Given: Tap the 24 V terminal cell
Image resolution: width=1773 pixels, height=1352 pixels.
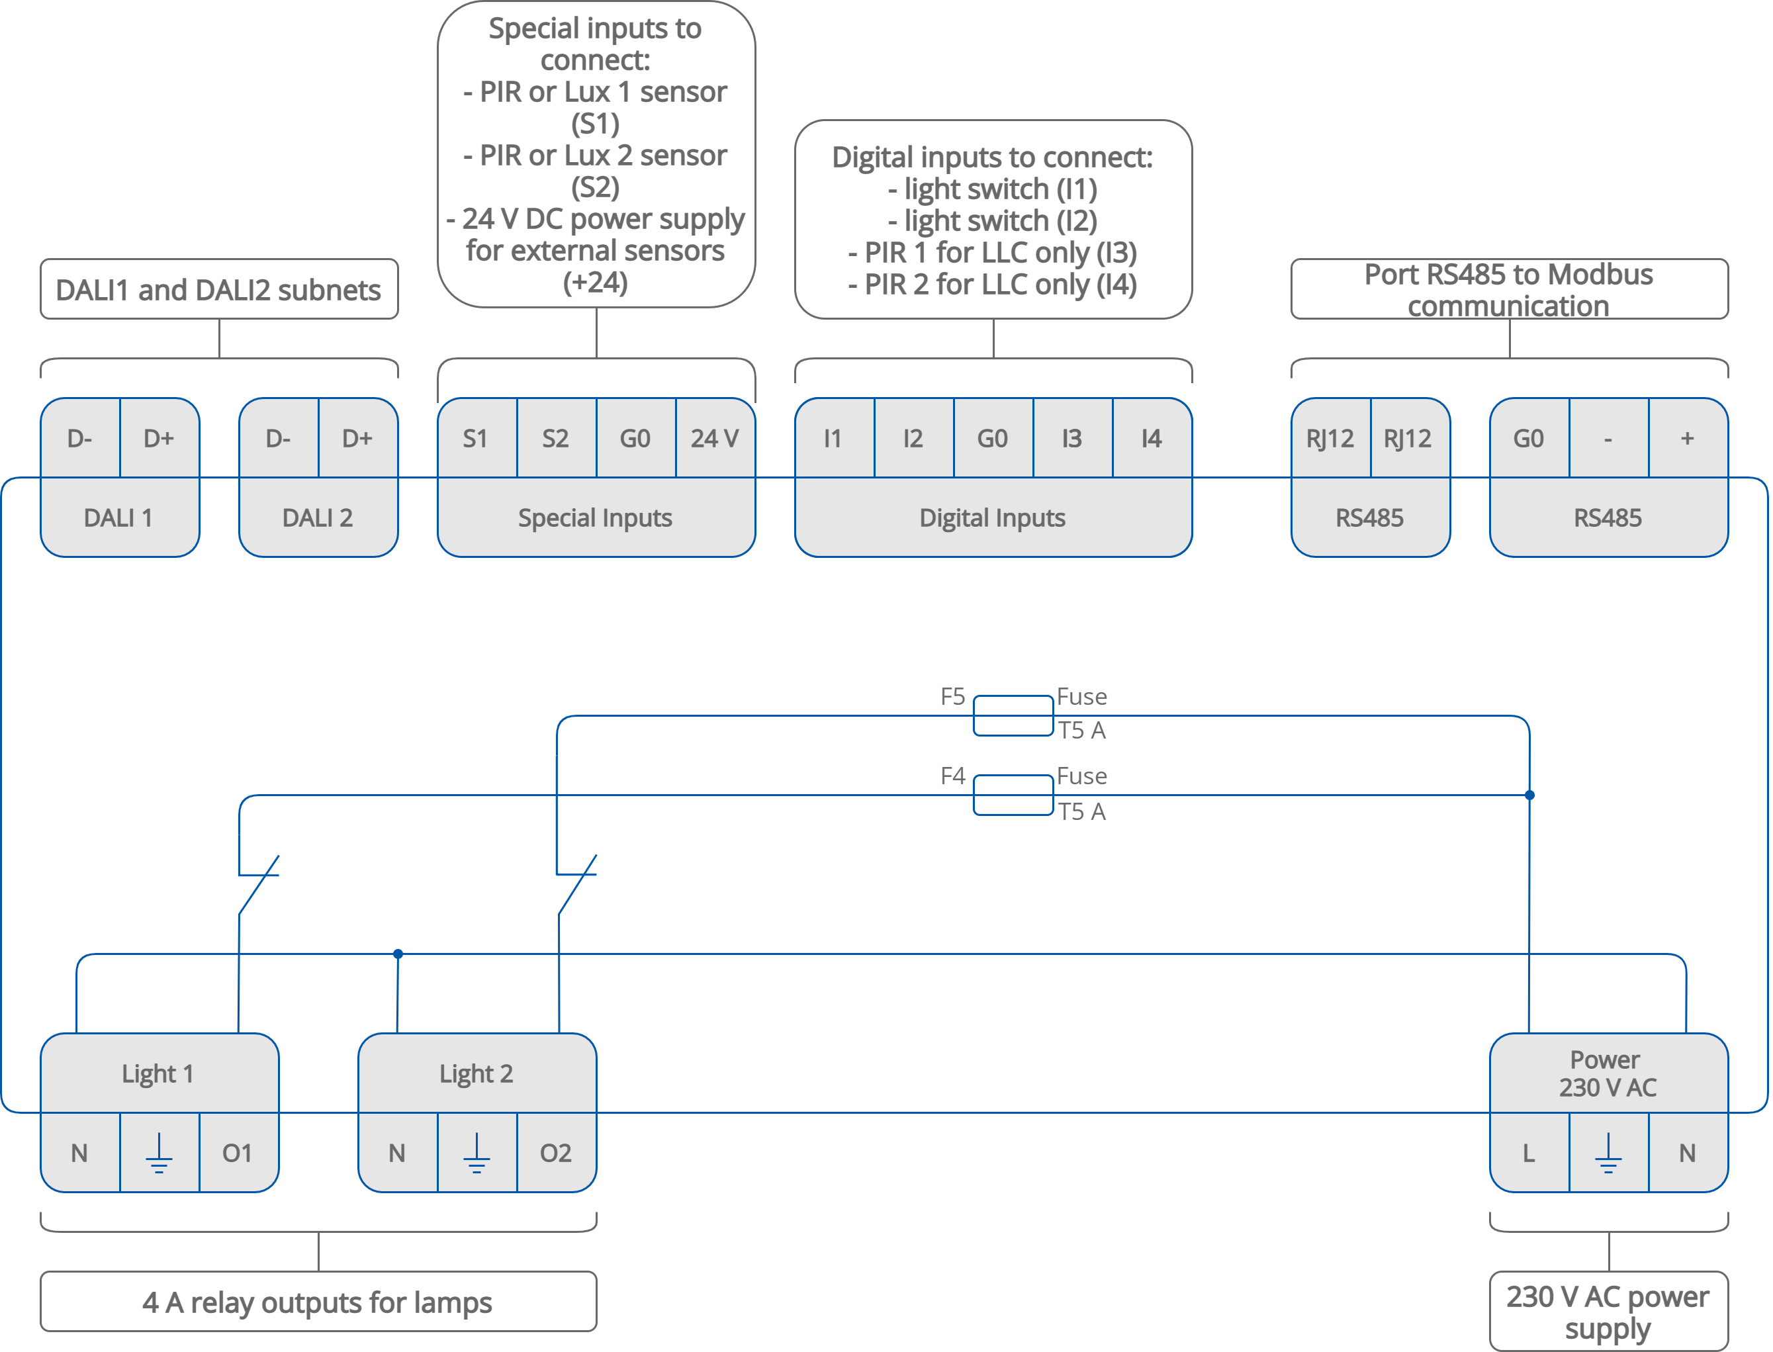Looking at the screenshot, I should coord(715,438).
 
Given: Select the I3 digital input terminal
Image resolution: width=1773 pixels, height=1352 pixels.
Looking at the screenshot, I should coord(1072,438).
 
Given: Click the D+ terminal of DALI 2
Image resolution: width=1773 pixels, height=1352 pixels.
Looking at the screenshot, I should coord(357,438).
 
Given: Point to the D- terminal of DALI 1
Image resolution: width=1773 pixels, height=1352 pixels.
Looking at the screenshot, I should coord(79,438).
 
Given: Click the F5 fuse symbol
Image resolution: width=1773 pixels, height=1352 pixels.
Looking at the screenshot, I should coord(1013,715).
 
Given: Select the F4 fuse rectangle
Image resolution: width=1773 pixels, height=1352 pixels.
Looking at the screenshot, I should coord(1013,795).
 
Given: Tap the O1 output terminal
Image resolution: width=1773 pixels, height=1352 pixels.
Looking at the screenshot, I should coord(238,1152).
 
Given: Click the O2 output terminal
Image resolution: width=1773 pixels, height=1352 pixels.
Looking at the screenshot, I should coord(555,1152).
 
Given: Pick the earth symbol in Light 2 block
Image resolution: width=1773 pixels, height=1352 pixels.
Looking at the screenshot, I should coord(477,1152).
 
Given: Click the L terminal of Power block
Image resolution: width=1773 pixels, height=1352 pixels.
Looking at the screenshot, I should coord(1528,1152).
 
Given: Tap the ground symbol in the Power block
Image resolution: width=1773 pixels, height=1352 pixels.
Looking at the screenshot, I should coord(1608,1152).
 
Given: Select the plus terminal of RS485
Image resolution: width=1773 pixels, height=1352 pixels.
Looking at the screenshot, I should coord(1687,438).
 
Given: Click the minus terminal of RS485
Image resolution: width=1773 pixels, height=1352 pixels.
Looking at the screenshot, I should coord(1608,438).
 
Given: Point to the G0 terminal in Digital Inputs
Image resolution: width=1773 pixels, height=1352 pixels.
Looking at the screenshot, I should coord(992,438).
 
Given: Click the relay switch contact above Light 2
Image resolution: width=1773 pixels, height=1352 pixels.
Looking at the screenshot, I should coord(577,884).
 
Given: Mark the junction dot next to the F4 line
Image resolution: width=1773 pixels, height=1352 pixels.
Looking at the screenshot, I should coord(1529,795).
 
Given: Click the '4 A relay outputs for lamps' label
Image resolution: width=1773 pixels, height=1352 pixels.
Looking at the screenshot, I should coord(318,1301).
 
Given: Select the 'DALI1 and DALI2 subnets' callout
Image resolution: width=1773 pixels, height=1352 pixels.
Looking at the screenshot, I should coord(219,289).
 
